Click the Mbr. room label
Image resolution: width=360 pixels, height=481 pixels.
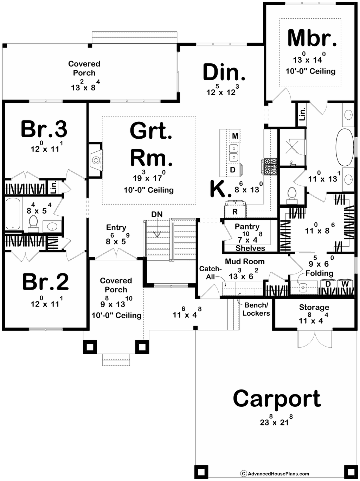tap(311, 38)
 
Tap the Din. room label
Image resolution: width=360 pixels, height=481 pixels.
tap(224, 72)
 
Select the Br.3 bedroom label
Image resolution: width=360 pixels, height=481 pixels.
tap(44, 129)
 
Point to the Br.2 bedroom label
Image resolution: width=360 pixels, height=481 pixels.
tap(45, 282)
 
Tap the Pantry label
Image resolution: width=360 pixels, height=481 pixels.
tap(247, 227)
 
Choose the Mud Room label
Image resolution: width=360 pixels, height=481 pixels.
tap(245, 261)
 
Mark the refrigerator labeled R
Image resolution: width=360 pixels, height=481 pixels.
tap(235, 209)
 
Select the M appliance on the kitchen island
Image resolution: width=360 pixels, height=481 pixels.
tap(235, 136)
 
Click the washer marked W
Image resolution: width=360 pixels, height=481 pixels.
tap(345, 285)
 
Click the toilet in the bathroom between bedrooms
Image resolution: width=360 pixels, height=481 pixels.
tap(33, 223)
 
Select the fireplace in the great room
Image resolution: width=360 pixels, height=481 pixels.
tap(95, 160)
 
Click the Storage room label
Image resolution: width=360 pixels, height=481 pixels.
tap(314, 307)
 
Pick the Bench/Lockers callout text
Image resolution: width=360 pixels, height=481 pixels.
tap(256, 309)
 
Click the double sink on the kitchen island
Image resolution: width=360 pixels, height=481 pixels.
tap(234, 153)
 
